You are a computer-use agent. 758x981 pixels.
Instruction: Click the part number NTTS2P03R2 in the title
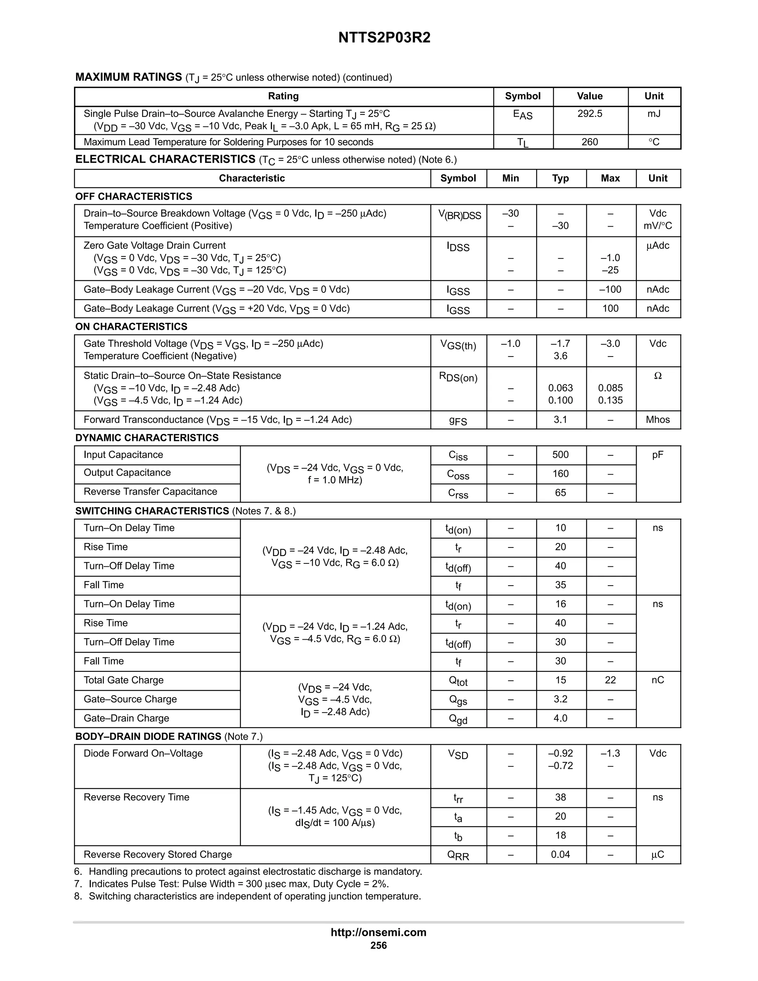pyautogui.click(x=384, y=37)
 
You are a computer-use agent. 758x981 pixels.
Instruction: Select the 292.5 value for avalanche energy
pyautogui.click(x=590, y=114)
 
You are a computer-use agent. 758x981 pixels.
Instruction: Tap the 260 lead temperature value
pyautogui.click(x=590, y=142)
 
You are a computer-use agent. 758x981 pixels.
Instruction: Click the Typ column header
pyautogui.click(x=560, y=178)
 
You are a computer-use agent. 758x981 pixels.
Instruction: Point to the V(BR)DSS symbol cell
pyautogui.click(x=459, y=215)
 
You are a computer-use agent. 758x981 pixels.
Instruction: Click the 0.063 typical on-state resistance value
pyautogui.click(x=560, y=388)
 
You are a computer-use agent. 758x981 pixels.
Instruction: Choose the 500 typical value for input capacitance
pyautogui.click(x=560, y=455)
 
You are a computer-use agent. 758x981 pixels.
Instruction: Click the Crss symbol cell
pyautogui.click(x=458, y=493)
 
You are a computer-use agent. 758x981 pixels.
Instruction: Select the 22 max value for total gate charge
pyautogui.click(x=610, y=680)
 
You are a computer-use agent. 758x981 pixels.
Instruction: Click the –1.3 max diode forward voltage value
pyautogui.click(x=610, y=754)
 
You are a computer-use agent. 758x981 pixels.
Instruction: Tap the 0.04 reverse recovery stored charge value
pyautogui.click(x=560, y=855)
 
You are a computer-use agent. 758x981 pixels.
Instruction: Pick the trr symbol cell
pyautogui.click(x=458, y=798)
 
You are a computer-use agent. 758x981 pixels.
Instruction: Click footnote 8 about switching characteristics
pyautogui.click(x=248, y=897)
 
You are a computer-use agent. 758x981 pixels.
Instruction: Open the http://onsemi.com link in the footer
pyautogui.click(x=378, y=933)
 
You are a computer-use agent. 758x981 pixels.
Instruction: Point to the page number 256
pyautogui.click(x=378, y=945)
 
